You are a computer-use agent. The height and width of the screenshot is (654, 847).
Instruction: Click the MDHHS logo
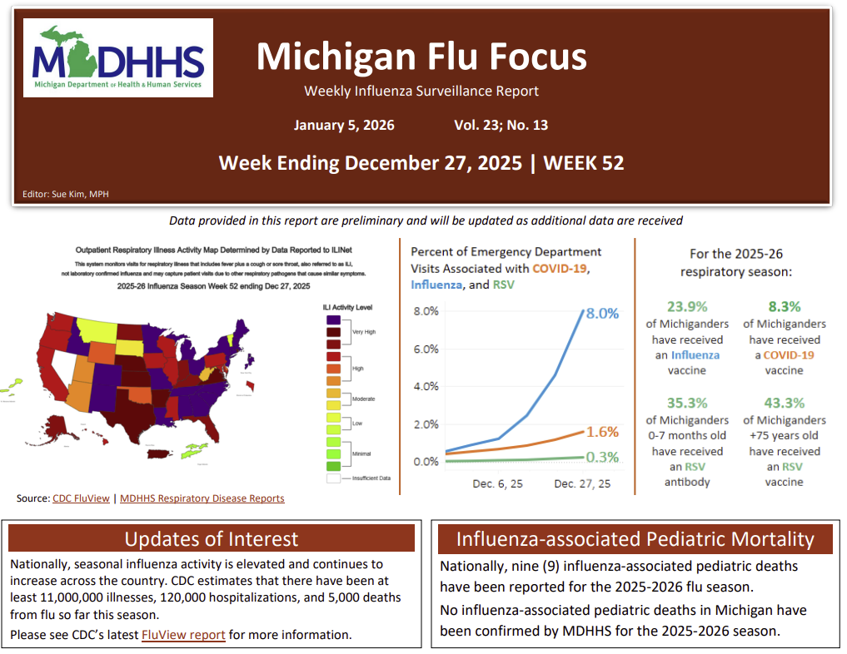(x=118, y=58)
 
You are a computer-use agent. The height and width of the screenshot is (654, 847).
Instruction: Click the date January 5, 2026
(x=344, y=126)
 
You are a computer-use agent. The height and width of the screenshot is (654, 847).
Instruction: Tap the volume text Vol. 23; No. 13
(x=501, y=126)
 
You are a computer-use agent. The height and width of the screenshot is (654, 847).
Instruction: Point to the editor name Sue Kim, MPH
(x=66, y=195)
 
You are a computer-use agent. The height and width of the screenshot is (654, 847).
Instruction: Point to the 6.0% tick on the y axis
(x=426, y=349)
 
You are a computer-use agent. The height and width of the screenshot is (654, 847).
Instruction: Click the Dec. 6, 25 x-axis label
(x=497, y=483)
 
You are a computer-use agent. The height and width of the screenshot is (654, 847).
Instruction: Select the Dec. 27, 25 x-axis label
(x=581, y=483)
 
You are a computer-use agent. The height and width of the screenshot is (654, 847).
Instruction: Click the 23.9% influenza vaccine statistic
(x=687, y=307)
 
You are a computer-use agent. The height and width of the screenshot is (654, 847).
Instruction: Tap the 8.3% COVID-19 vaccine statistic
(x=785, y=307)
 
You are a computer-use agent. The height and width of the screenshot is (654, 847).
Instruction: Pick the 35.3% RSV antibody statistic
(x=687, y=404)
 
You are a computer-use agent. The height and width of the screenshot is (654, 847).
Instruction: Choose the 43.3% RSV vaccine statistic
(x=785, y=404)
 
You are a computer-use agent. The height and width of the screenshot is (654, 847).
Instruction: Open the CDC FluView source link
(x=81, y=498)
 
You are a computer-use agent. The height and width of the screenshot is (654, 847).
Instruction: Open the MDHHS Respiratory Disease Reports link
(x=202, y=498)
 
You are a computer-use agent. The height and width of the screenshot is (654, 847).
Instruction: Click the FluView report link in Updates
(x=183, y=635)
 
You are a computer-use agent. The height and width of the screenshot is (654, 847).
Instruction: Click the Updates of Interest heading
(x=211, y=539)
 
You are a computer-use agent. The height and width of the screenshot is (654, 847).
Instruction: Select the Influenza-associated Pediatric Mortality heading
(x=635, y=539)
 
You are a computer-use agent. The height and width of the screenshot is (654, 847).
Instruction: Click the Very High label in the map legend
(x=363, y=332)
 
